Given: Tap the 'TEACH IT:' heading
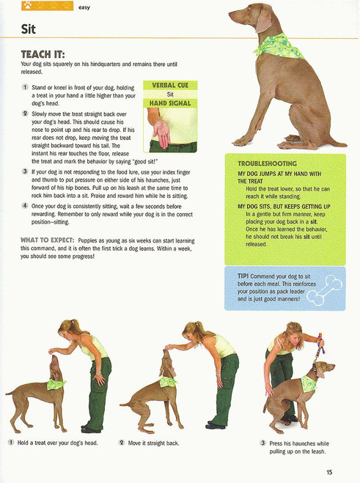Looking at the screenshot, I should (x=43, y=55).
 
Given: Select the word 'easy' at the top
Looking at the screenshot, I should (x=85, y=7).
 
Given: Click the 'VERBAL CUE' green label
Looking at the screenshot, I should (x=170, y=85).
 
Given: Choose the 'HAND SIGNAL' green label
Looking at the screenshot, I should (x=170, y=103).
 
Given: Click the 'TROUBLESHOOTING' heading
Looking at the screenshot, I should (x=267, y=163).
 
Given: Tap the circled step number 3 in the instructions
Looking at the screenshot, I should (x=25, y=171).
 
